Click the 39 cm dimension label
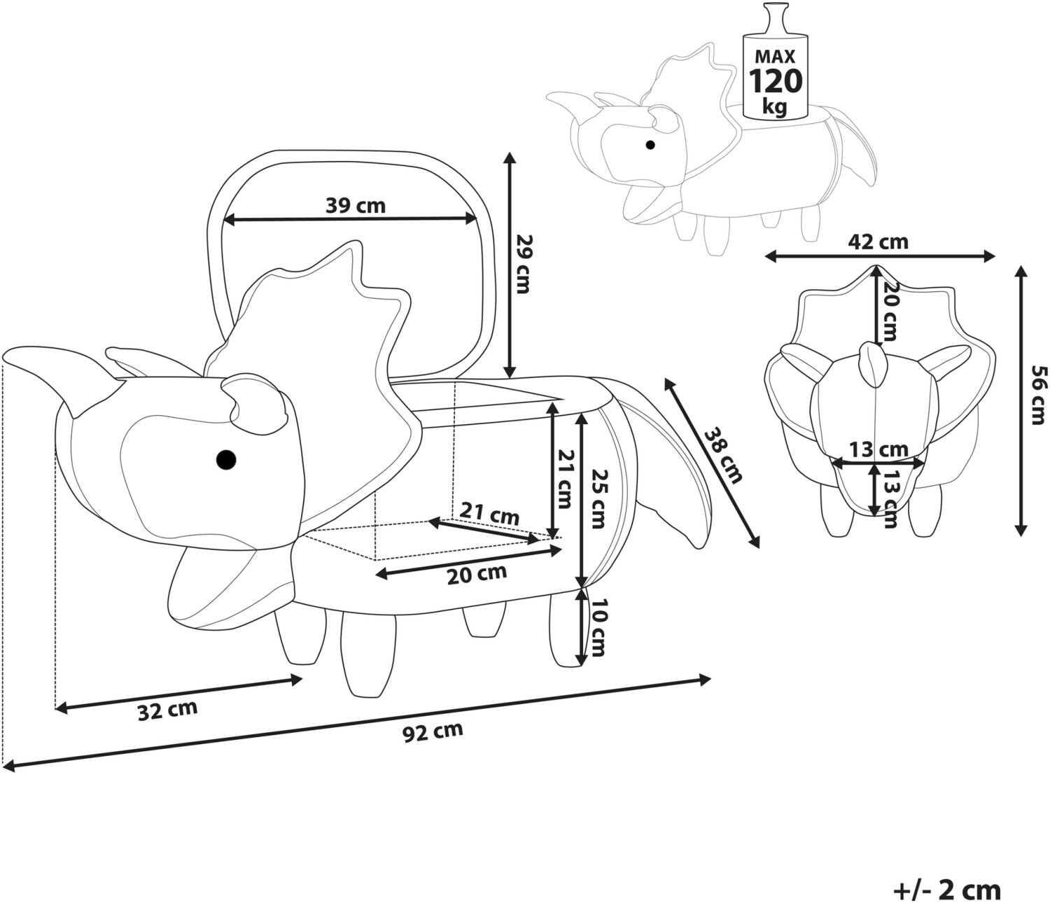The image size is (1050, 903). [x=355, y=206]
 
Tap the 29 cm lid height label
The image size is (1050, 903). [x=521, y=264]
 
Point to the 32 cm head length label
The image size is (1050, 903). [x=167, y=710]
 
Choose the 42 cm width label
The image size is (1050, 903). [x=878, y=241]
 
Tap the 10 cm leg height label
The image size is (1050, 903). [x=597, y=628]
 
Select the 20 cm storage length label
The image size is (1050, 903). [x=477, y=574]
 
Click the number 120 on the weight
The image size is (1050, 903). [x=776, y=80]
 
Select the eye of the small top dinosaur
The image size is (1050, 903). [x=650, y=145]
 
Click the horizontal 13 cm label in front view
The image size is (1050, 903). [x=878, y=449]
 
